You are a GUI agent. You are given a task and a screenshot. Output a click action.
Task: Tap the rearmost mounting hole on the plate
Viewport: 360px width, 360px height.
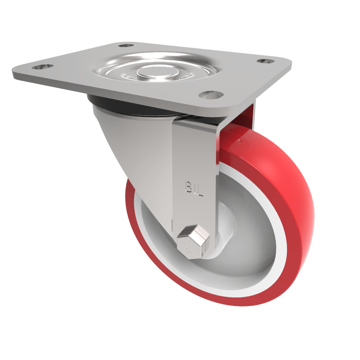(126, 46)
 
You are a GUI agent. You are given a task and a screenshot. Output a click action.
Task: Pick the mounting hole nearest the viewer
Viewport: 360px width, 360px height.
(211, 95)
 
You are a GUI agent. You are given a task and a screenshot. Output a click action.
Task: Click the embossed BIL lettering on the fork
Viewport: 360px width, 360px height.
(193, 188)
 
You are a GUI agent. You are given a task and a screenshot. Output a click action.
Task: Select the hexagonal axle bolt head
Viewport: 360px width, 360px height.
(193, 242)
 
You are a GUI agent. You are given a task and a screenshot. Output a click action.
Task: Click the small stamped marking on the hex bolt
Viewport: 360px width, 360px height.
(189, 246)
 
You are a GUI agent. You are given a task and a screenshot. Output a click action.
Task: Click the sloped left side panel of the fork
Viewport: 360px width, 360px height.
(135, 144)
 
